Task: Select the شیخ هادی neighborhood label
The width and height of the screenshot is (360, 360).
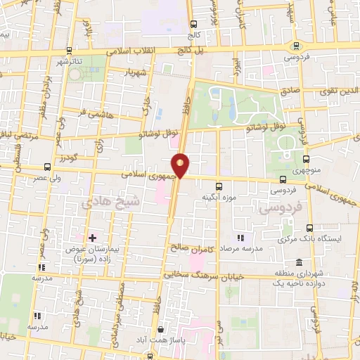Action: point(110,202)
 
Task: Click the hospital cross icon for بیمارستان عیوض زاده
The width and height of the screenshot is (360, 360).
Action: point(91,239)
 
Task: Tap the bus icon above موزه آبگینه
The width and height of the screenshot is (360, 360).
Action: point(219,186)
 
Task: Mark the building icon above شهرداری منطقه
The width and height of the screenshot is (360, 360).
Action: point(299,262)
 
